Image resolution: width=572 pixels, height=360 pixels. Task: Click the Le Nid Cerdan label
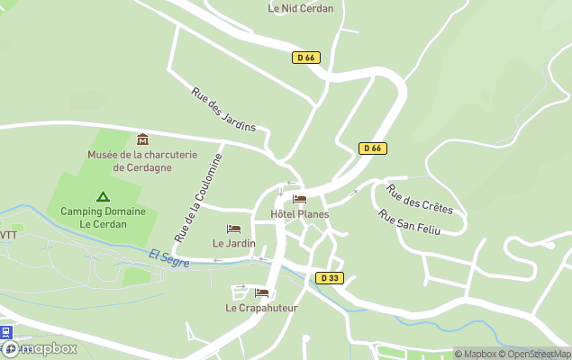pos(301,8)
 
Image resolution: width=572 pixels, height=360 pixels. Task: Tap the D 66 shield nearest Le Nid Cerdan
pos(306,58)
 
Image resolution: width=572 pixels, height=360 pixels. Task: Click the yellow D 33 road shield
pos(330,278)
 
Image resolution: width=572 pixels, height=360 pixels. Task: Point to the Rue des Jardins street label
pos(223,109)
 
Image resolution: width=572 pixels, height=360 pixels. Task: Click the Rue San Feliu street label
pos(410,222)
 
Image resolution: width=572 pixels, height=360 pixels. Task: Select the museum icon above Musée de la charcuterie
pos(142,139)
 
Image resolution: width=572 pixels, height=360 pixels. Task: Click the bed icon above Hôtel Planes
pos(300,200)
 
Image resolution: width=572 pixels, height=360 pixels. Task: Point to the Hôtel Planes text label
pos(300,214)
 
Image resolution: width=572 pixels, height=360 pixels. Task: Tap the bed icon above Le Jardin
pos(234,229)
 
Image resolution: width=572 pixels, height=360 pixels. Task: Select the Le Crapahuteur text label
pos(261,308)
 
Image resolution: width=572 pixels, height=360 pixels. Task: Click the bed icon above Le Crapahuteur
pos(261,293)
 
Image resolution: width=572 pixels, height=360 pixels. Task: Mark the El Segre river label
pos(169,258)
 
